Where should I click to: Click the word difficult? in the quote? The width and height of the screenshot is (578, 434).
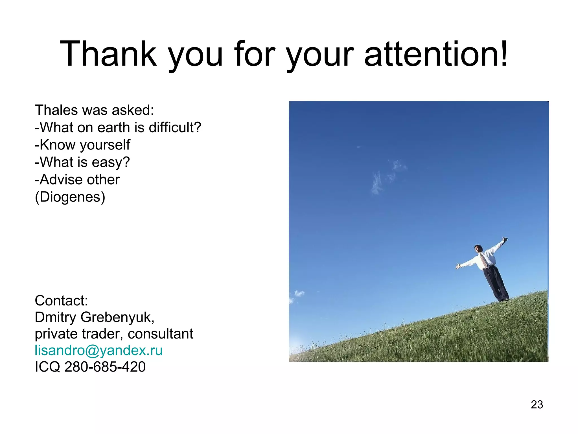coord(175,127)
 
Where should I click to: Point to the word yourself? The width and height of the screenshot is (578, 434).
coord(105,145)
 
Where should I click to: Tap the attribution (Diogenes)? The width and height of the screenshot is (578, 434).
coord(70,197)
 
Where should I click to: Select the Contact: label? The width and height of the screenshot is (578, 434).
coord(61,300)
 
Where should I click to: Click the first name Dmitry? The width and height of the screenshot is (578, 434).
coord(56,317)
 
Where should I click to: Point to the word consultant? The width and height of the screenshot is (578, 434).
coord(160,334)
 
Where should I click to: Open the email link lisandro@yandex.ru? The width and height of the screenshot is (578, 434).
coord(98,350)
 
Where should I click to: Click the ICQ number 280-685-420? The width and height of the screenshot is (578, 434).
coord(105,367)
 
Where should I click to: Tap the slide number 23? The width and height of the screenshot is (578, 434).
coord(537,404)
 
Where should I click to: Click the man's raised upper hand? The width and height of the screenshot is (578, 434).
coord(505,240)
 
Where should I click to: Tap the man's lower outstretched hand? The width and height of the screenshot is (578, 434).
coord(457,266)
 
